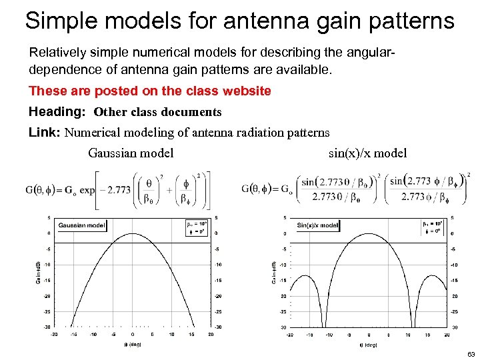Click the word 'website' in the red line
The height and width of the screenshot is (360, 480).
246,91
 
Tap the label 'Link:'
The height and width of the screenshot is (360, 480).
45,133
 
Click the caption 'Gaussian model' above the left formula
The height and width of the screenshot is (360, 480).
131,153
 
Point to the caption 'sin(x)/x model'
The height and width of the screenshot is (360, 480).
367,153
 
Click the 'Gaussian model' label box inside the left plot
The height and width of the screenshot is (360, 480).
81,225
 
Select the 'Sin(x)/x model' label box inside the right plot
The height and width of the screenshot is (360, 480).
317,225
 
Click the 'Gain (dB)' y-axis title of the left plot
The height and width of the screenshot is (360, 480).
37,272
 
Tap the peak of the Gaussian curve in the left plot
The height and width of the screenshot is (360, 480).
133,234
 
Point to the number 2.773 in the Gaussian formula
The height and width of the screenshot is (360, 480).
119,189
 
